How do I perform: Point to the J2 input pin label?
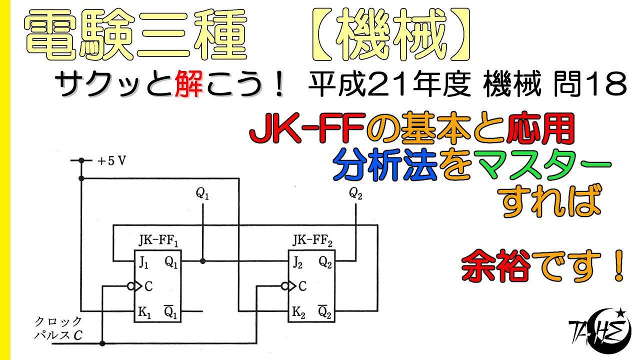coord(299,261)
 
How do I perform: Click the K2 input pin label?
coord(298,313)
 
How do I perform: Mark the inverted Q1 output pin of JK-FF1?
coord(171,312)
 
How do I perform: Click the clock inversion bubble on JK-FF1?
coord(130,286)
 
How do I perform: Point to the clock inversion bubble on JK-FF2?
coord(285,286)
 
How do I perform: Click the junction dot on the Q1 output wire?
coord(202,261)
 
